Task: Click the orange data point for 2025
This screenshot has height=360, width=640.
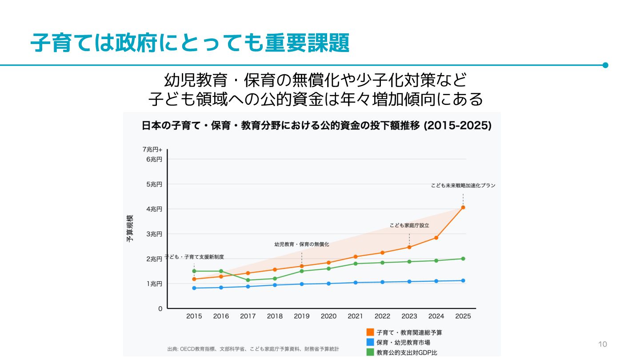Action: coord(463,208)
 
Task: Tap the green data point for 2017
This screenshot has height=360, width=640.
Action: coord(248,280)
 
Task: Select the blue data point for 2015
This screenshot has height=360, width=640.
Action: coord(194,288)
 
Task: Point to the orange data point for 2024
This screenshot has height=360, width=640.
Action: coord(436,238)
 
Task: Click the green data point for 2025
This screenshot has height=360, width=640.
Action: coord(463,259)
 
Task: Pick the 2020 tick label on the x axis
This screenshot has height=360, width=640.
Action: coord(328,316)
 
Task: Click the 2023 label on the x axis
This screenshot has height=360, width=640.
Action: coord(409,316)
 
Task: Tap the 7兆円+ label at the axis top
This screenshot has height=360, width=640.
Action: coord(152,150)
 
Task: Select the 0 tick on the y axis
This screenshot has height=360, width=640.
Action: coord(160,308)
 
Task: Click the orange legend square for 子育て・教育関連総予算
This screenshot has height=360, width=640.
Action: coord(370,332)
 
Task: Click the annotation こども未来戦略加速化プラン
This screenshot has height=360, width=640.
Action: coord(463,186)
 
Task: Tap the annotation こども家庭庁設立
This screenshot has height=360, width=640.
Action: coord(409,225)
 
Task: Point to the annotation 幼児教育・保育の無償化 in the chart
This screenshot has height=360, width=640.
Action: coord(302,244)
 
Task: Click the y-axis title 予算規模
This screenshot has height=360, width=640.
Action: coord(130,228)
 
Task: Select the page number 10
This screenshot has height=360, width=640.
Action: coord(603,344)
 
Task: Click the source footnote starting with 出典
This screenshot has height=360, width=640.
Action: coord(253,349)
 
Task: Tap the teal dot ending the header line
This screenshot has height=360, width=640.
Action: coord(605,65)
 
